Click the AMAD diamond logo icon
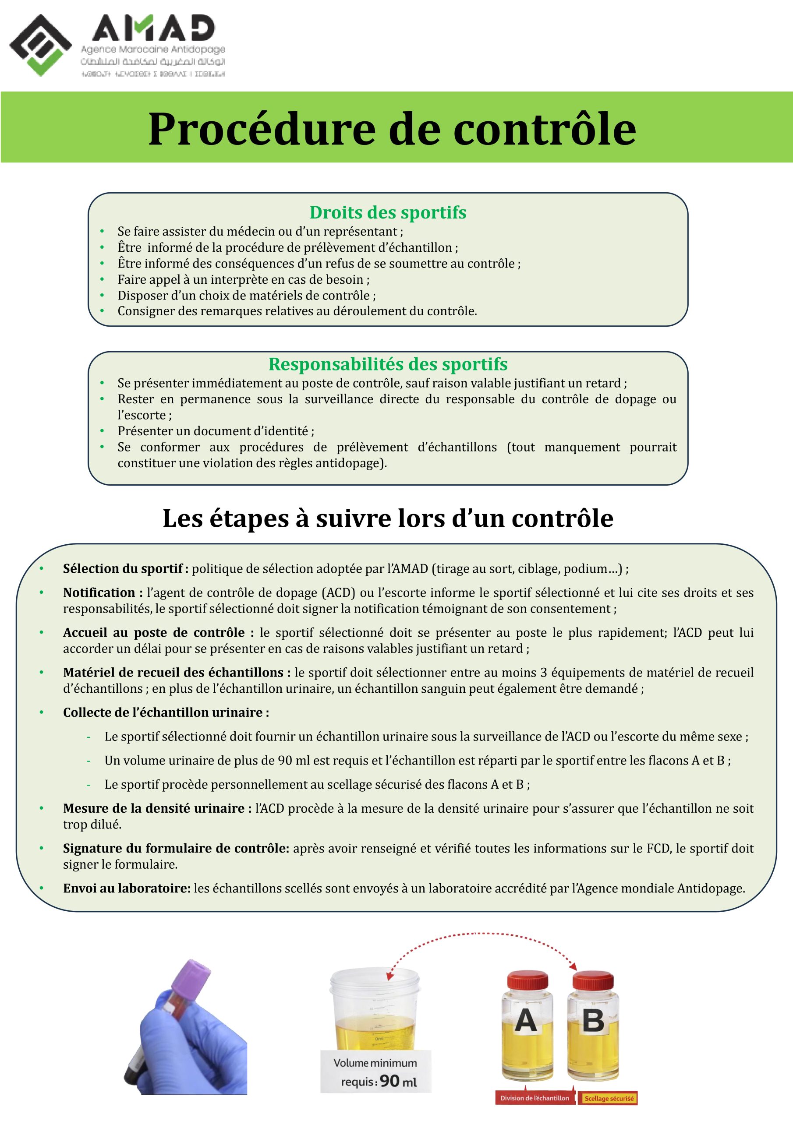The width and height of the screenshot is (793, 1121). (x=41, y=45)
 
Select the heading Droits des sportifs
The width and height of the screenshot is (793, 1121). (x=387, y=212)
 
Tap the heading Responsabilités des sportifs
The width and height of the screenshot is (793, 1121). (x=387, y=364)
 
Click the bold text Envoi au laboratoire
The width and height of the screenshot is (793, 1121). (x=127, y=888)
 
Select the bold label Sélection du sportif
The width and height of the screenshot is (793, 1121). (x=123, y=568)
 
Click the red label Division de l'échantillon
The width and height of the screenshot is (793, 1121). (x=535, y=1098)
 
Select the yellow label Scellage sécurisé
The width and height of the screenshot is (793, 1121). (x=609, y=1099)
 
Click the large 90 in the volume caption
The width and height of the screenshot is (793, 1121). (x=390, y=1081)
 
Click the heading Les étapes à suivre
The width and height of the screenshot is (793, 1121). (x=387, y=518)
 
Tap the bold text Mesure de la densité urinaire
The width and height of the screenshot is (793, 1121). (x=153, y=808)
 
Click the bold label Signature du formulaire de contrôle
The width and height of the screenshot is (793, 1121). (x=176, y=848)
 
